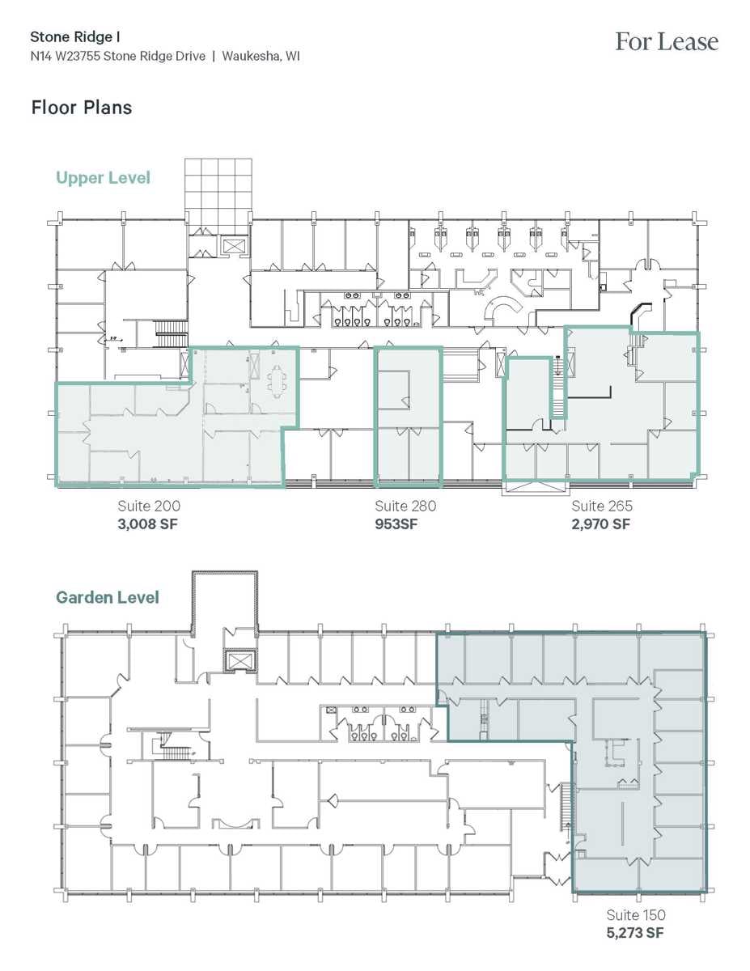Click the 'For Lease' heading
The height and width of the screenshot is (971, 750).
point(666,42)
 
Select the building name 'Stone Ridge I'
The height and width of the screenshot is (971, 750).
point(70,36)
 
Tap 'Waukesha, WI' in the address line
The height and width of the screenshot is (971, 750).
point(261,57)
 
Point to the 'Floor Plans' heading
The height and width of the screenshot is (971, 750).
point(81,107)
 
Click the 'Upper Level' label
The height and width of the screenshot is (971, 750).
point(103,177)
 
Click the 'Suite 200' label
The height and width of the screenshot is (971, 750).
point(148,506)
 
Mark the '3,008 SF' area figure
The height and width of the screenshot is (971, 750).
point(148,524)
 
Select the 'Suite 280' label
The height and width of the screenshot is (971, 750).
point(405,506)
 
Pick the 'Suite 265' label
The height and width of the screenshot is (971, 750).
point(602,506)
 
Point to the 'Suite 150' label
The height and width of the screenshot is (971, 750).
point(636,915)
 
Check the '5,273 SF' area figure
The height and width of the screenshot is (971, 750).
point(636,933)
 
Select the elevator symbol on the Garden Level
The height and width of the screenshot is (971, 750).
point(240,662)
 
